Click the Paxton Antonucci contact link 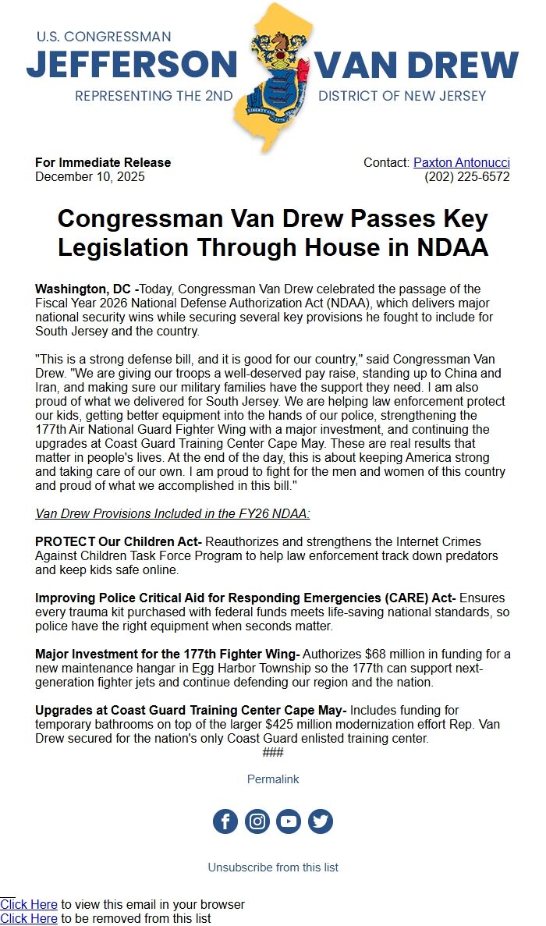(461, 163)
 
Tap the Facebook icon (225, 821)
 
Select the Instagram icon (257, 821)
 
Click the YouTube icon (289, 821)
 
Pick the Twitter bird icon (321, 821)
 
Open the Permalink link (273, 779)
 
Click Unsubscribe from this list (273, 867)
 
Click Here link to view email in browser (29, 905)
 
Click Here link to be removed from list (29, 919)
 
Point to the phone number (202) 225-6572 (466, 177)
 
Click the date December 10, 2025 (90, 177)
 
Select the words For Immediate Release (103, 163)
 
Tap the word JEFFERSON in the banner (131, 66)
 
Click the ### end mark (273, 753)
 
